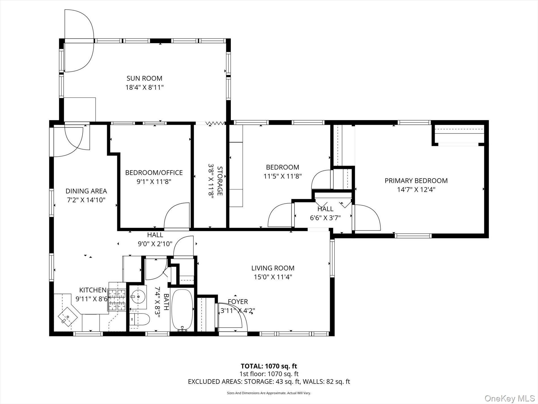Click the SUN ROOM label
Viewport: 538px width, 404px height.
tap(144, 78)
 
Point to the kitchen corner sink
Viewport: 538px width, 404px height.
tap(68, 317)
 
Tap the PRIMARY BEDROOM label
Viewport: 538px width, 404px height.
tap(416, 181)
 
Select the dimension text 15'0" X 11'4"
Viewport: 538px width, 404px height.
tap(273, 277)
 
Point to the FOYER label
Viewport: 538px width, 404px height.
tap(238, 302)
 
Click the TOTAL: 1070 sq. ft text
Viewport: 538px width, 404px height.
tap(269, 366)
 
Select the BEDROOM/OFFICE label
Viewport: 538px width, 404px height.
tap(154, 172)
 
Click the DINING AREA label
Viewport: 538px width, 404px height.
tap(86, 191)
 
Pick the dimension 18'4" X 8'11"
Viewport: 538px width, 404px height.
tap(144, 87)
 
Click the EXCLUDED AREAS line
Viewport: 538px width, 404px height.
tap(269, 382)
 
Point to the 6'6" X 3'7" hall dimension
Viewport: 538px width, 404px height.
tap(325, 218)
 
